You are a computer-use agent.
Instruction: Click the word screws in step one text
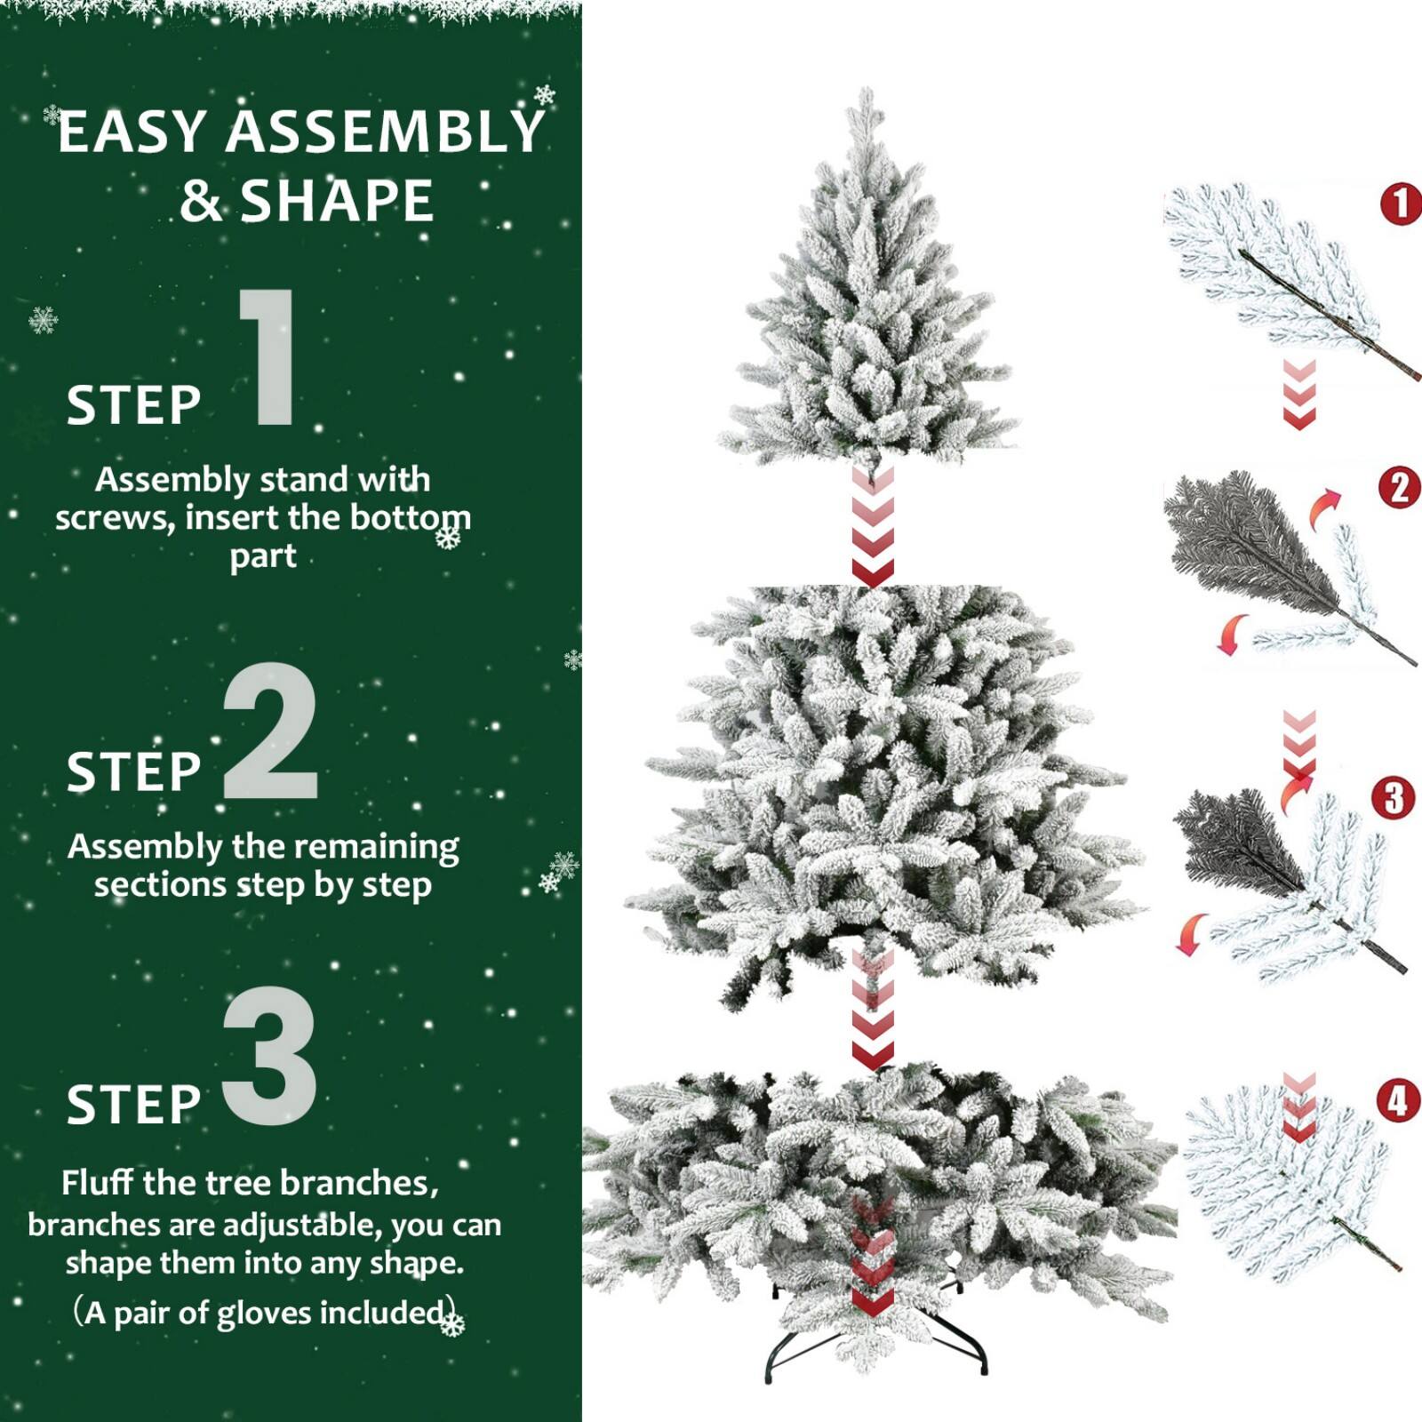[x=114, y=518]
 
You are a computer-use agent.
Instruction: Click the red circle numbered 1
[x=1401, y=204]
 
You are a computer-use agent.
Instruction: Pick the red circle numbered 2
[x=1399, y=487]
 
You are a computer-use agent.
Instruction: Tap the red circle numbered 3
[x=1393, y=797]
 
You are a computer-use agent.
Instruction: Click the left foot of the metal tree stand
[x=769, y=1377]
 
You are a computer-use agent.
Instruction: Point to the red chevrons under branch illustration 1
[x=1298, y=395]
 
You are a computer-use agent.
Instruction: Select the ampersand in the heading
[x=200, y=202]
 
